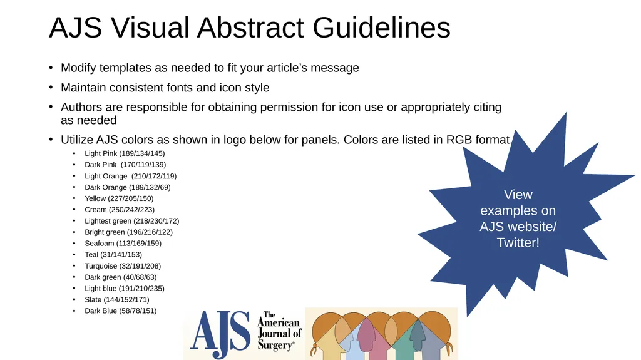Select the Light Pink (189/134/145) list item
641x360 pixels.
point(125,153)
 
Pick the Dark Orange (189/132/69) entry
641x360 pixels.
point(127,187)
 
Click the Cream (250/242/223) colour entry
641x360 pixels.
point(120,210)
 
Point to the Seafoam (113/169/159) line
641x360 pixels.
point(123,244)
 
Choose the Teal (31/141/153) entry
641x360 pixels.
point(113,255)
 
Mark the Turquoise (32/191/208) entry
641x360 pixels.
point(123,266)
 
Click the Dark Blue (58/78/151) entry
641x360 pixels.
point(121,311)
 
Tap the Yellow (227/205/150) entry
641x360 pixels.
point(119,198)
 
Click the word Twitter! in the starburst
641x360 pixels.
point(518,243)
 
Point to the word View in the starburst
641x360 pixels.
point(518,195)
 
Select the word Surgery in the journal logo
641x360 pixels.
point(275,345)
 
